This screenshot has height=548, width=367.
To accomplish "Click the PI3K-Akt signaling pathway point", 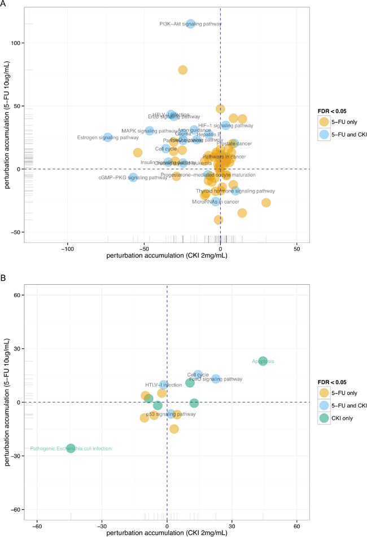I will tap(191, 24).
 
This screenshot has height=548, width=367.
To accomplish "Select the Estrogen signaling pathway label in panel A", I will tap(108, 138).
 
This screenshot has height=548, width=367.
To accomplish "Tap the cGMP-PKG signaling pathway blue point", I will tap(133, 177).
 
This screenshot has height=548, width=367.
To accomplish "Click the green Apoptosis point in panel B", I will tap(263, 361).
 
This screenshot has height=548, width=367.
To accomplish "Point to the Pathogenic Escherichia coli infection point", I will tap(71, 448).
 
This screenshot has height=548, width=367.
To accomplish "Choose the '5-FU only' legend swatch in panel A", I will tap(324, 122).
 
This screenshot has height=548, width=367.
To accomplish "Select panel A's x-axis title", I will tap(167, 255).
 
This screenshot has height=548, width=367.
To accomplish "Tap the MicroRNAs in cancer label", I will tap(216, 201).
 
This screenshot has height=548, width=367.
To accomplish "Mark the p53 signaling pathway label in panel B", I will tap(171, 414).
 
